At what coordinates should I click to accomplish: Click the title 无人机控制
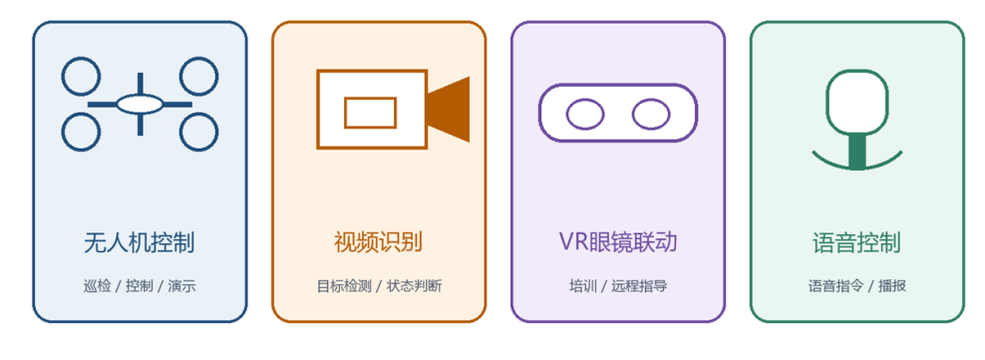140,242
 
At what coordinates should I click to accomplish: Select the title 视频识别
378,242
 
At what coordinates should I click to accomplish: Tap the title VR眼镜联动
618,242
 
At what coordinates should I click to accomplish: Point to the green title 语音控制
856,242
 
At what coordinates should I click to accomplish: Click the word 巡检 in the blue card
98,286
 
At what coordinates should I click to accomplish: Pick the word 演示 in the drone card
181,286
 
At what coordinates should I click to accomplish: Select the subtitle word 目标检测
344,286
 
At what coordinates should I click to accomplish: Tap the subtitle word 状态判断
414,286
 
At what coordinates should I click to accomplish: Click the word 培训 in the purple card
583,286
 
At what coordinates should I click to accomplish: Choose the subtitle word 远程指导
639,286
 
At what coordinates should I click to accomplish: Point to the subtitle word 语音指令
835,286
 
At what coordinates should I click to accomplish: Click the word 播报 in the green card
892,286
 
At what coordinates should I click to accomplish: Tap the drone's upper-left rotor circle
62,76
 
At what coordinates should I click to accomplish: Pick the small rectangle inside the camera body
346,113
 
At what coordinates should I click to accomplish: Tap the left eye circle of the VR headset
567,114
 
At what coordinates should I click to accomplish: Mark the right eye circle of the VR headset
633,114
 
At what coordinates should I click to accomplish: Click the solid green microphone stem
856,152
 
